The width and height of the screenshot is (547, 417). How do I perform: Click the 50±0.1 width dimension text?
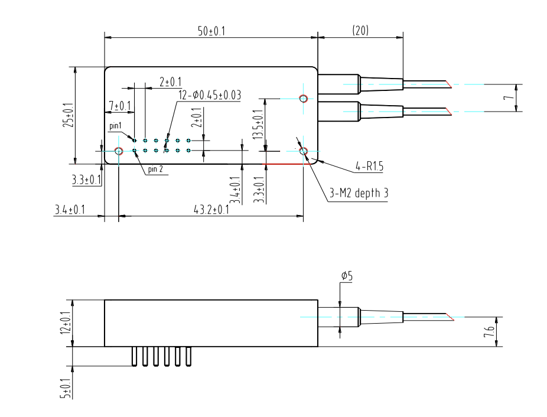pyautogui.click(x=211, y=31)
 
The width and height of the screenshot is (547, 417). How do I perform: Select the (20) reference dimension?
pyautogui.click(x=360, y=30)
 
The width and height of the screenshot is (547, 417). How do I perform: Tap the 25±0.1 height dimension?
pyautogui.click(x=69, y=115)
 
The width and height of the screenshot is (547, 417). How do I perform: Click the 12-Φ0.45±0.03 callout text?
pyautogui.click(x=210, y=95)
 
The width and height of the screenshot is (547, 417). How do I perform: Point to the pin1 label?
pyautogui.click(x=115, y=126)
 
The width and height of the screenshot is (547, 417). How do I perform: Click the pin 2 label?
pyautogui.click(x=155, y=170)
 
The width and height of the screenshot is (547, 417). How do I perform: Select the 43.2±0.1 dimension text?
pyautogui.click(x=211, y=209)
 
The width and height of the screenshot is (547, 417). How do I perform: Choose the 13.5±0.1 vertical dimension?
pyautogui.click(x=259, y=125)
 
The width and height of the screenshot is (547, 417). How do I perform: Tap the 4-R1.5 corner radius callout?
pyautogui.click(x=369, y=166)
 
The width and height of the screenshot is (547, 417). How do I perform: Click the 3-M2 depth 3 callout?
pyautogui.click(x=359, y=193)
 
